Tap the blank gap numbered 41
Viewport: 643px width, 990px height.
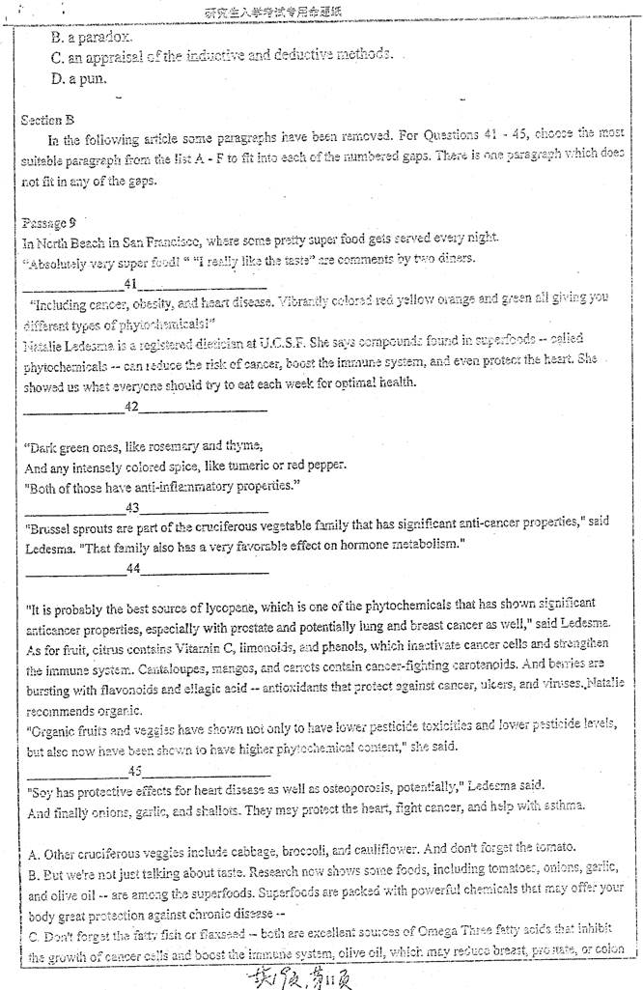click(x=145, y=283)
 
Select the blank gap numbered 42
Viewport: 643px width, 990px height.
click(x=145, y=407)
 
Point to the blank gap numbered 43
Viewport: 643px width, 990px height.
click(x=146, y=507)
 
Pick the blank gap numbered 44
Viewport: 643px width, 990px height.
click(x=146, y=569)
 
